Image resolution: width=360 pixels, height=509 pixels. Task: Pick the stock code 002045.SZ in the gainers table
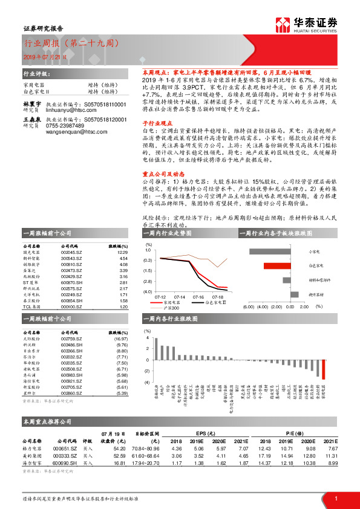73,253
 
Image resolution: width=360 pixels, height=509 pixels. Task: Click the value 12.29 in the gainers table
123,253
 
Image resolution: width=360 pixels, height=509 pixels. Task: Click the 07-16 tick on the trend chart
198,297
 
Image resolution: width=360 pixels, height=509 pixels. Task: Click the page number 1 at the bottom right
336,498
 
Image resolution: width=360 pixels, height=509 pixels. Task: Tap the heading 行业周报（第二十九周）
71,44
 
